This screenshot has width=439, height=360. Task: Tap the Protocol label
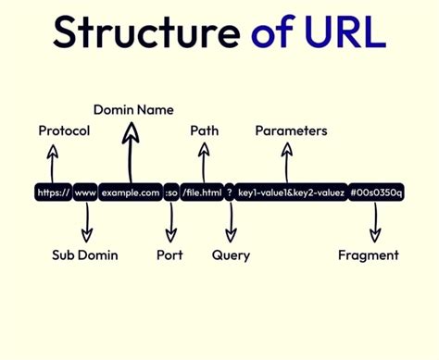[x=64, y=130]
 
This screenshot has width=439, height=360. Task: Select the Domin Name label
[x=133, y=110]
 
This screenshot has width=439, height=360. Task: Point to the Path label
[x=204, y=130]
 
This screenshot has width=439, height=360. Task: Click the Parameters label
[x=291, y=130]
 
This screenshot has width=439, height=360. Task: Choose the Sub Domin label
[x=84, y=254]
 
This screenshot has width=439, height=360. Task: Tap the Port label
[x=169, y=254]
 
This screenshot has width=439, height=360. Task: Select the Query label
[x=231, y=254]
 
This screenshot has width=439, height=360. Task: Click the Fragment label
[x=368, y=254]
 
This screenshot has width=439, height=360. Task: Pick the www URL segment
[x=85, y=192]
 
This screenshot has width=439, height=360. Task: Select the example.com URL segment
[x=131, y=192]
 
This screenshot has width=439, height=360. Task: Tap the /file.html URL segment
[x=201, y=192]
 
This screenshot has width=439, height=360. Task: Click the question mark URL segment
[x=229, y=192]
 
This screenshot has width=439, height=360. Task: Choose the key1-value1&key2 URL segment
[x=291, y=192]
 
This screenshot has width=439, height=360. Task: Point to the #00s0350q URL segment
[x=376, y=192]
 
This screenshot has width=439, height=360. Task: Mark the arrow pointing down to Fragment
[x=375, y=222]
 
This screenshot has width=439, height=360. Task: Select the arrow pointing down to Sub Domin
[x=86, y=222]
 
